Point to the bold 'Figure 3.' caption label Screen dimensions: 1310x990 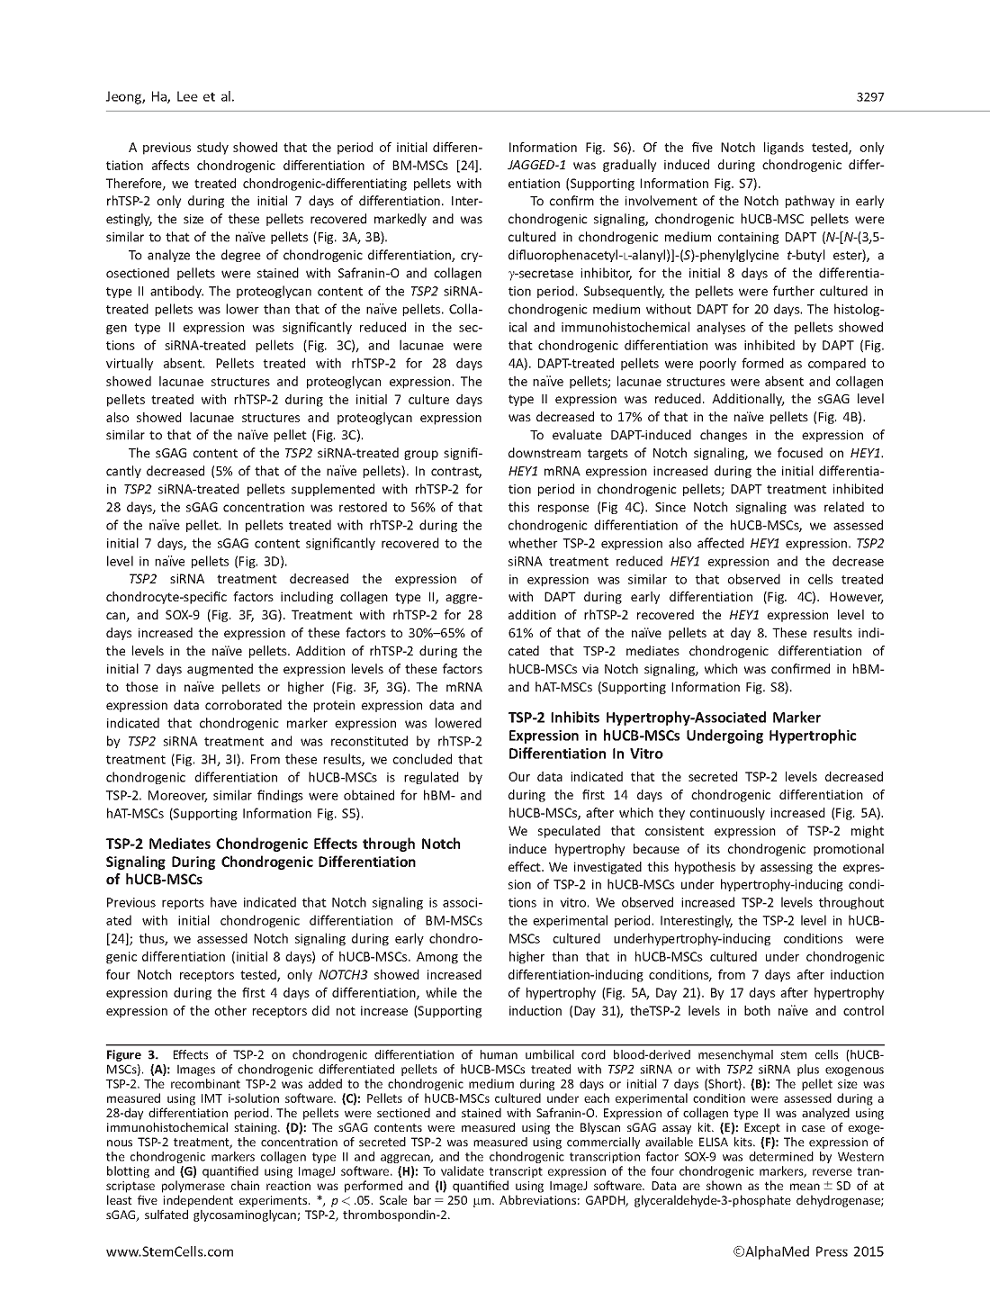[132, 1054]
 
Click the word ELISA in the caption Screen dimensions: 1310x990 [652, 1142]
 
